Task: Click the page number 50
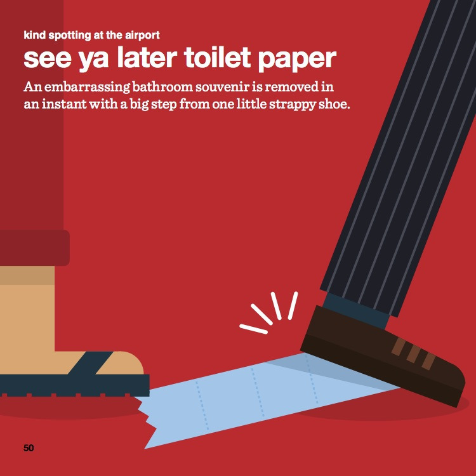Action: click(x=29, y=448)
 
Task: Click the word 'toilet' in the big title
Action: click(x=217, y=58)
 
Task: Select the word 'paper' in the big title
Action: click(x=297, y=60)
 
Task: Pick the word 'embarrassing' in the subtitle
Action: click(x=88, y=88)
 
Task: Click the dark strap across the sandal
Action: click(x=91, y=363)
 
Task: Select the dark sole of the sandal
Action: click(x=75, y=385)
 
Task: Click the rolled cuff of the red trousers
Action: click(x=35, y=248)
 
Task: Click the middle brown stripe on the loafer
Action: click(x=414, y=354)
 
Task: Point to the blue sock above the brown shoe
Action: click(x=357, y=309)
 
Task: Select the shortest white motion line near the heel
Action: click(x=253, y=329)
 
